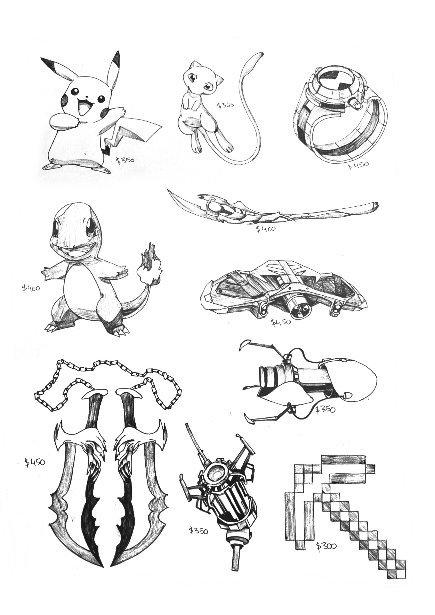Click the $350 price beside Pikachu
pyautogui.click(x=125, y=161)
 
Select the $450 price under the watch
pyautogui.click(x=358, y=165)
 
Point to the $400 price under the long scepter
pyautogui.click(x=266, y=229)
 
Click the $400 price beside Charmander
pyautogui.click(x=31, y=288)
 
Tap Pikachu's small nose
pyautogui.click(x=87, y=96)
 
